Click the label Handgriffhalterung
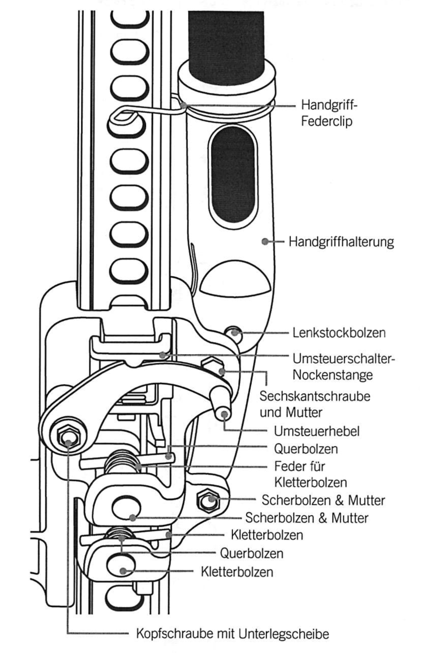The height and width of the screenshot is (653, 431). [341, 242]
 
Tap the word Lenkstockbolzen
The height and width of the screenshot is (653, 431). [339, 333]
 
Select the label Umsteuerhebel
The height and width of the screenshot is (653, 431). [316, 431]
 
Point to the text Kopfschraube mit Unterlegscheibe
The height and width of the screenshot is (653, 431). [232, 634]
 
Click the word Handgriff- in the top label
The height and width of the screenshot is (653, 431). [329, 105]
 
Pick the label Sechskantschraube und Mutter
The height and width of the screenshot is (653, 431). [315, 404]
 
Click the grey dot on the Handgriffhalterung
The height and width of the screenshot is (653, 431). [265, 241]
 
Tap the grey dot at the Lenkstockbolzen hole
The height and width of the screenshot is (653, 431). [235, 333]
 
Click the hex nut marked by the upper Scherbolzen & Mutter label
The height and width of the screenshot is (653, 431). [209, 499]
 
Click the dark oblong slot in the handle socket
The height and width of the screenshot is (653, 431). [233, 175]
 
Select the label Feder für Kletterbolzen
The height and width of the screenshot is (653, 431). [310, 474]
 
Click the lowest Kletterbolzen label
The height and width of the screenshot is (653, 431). [237, 572]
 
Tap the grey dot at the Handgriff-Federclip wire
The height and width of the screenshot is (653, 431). [183, 106]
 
